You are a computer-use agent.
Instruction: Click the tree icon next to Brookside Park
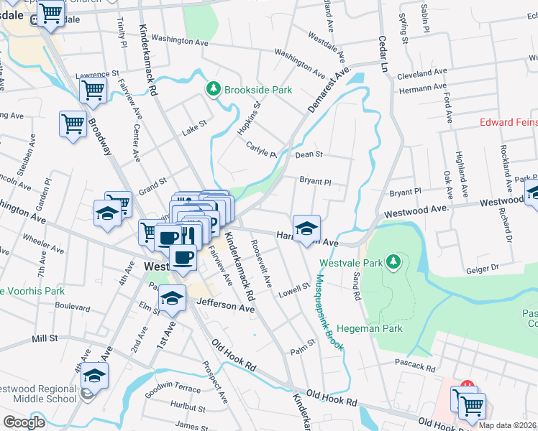click(213, 90)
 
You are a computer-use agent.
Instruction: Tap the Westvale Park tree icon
click(393, 262)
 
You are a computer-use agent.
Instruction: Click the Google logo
click(24, 422)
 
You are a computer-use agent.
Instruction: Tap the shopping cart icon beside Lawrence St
click(93, 90)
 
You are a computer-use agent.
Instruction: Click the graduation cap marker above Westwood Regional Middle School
click(94, 374)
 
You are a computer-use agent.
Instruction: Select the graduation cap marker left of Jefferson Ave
click(172, 299)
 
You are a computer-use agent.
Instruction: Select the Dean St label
click(309, 154)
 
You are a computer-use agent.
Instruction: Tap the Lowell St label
click(294, 292)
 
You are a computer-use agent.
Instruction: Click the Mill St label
click(44, 338)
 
